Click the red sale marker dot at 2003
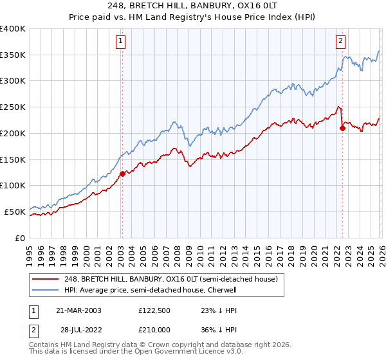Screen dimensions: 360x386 point(122,173)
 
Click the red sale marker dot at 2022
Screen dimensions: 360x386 point(342,128)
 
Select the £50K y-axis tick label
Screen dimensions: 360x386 point(15,212)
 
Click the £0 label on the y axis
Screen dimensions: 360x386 point(20,238)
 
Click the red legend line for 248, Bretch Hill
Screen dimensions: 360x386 point(46,279)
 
